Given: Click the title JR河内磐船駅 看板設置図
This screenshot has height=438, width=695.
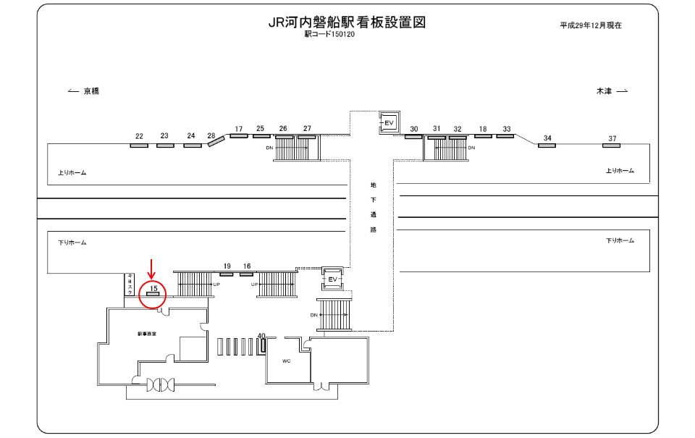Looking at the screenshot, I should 345,22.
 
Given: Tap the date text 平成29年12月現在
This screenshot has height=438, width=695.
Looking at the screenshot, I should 591,25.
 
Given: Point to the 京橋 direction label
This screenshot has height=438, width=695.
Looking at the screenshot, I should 90,91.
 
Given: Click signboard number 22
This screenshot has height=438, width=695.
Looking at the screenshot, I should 139,136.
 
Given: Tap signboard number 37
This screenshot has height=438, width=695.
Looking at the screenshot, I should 612,138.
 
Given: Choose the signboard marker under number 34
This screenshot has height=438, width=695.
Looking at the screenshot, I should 547,146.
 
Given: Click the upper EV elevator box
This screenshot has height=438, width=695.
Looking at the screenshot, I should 388,123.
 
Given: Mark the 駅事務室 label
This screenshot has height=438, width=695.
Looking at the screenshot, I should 147,334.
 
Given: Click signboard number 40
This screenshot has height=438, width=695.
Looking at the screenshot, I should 261,335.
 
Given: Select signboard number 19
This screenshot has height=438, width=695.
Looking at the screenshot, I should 227,266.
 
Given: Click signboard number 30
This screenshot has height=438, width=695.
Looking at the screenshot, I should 414,129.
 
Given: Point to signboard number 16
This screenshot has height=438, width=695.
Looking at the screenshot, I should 247,266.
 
